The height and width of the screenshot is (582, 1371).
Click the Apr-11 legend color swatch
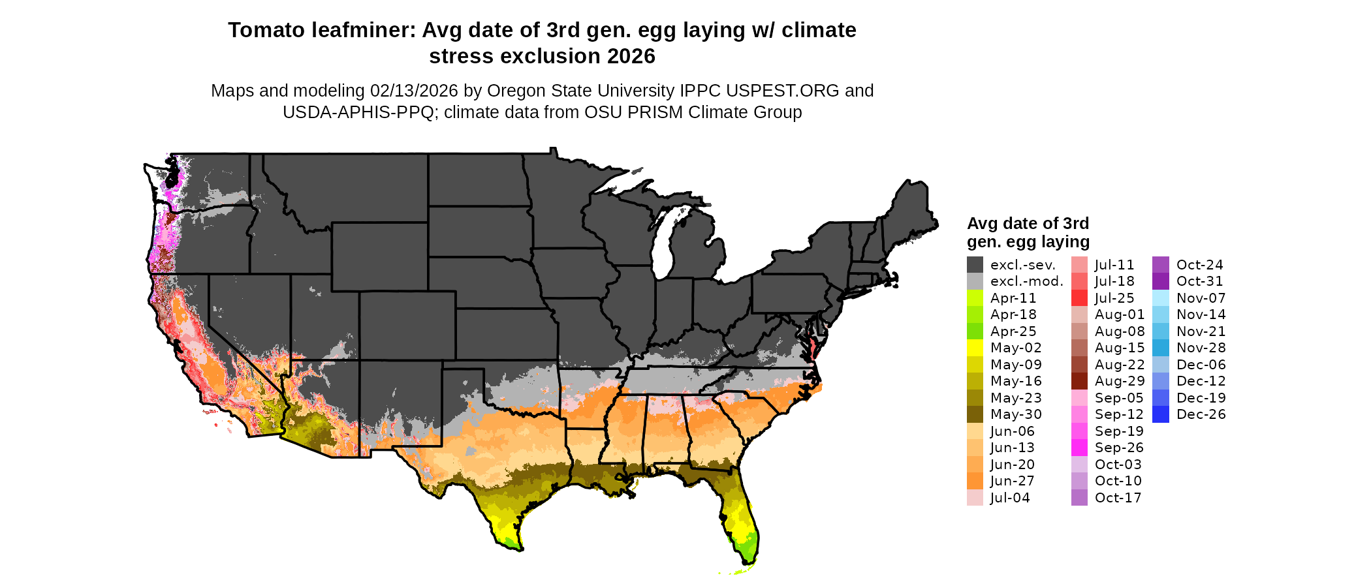point(975,298)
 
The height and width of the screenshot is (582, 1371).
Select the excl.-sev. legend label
point(1022,265)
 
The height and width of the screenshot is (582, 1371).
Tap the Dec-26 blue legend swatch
point(1161,414)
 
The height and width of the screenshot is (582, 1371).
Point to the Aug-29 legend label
point(1120,381)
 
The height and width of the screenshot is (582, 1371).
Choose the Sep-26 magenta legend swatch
point(1079,448)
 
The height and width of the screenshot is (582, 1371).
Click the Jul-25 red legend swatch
point(1079,298)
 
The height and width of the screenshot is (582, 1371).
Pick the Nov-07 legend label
point(1201,298)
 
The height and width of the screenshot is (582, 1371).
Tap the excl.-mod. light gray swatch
point(975,281)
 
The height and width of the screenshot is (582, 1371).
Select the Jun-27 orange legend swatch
point(975,481)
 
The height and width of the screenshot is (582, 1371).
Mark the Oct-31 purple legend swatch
point(1161,281)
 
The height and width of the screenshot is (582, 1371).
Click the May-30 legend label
point(1016,414)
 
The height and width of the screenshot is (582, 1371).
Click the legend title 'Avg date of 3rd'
point(1028,224)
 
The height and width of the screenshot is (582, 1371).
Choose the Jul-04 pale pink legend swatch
point(975,498)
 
